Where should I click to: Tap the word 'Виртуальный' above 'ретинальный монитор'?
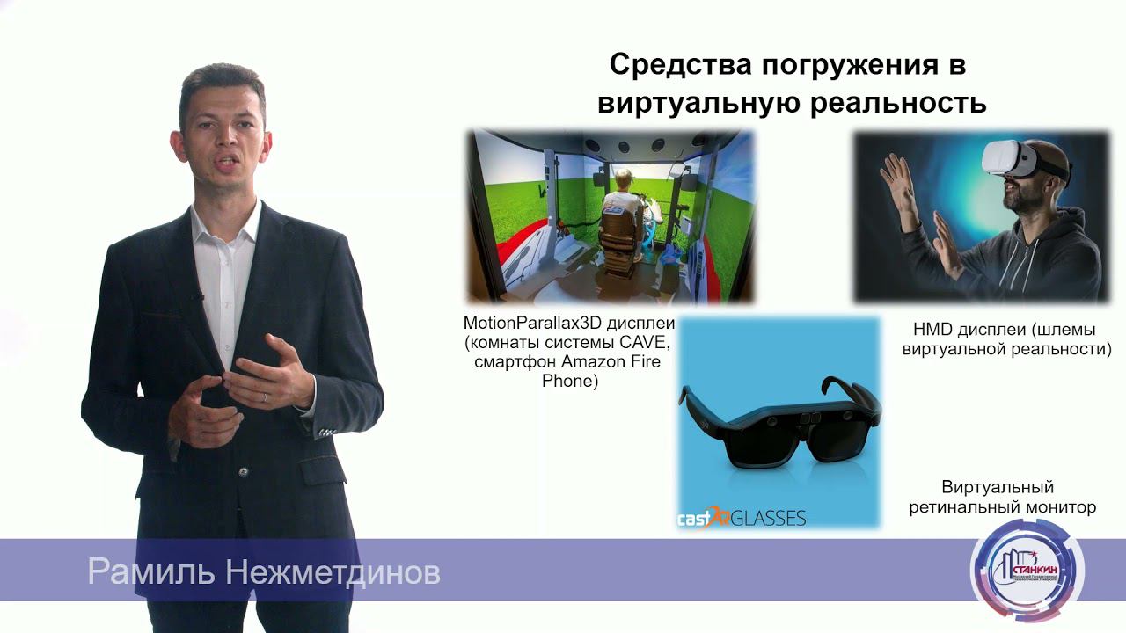coord(998,487)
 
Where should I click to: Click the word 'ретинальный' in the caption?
coord(964,507)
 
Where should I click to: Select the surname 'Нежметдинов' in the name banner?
coord(333,573)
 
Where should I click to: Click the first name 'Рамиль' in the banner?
coord(151,573)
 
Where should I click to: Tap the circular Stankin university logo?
coord(1027,568)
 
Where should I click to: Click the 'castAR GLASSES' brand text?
coord(741,517)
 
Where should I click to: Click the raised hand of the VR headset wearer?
coord(899,186)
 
